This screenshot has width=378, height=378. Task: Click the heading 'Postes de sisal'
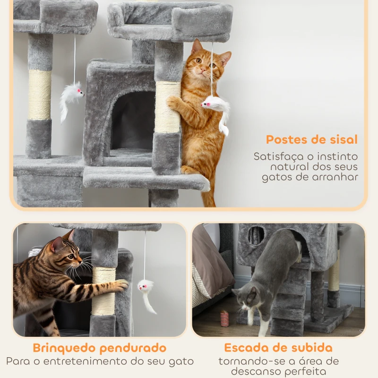tap(311, 139)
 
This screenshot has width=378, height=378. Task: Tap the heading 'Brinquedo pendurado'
tap(99, 348)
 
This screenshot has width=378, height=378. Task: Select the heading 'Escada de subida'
tap(278, 348)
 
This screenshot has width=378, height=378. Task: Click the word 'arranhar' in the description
tap(336, 178)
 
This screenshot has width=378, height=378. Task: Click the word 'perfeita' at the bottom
tap(307, 372)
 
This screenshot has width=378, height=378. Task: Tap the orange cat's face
tap(204, 64)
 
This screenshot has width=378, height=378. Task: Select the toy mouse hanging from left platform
tap(71, 96)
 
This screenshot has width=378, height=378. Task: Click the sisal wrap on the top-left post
tap(39, 94)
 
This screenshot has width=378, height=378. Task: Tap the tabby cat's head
tap(66, 253)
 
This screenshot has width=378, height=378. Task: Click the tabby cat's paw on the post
tap(121, 285)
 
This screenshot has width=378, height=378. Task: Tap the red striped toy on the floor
tap(224, 318)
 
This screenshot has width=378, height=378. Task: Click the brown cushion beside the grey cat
tap(210, 260)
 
